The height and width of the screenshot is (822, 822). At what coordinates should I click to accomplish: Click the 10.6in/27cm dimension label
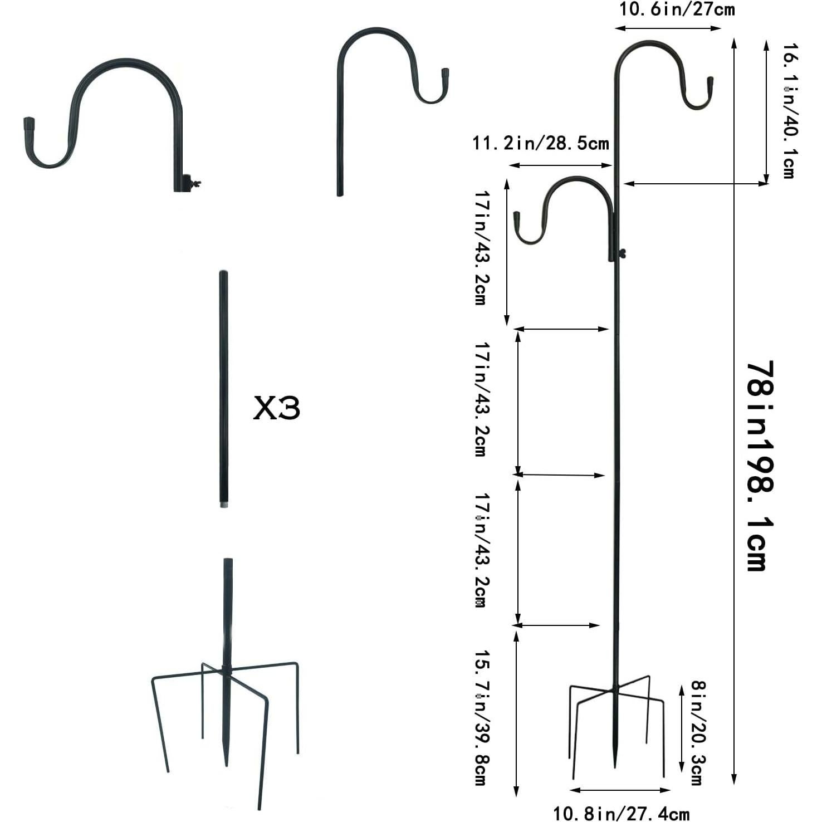click(677, 9)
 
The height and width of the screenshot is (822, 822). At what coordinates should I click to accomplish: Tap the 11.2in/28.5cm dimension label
click(541, 143)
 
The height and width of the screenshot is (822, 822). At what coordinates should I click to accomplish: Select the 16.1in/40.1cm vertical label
click(791, 111)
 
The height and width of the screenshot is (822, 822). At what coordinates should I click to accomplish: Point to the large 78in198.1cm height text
click(760, 466)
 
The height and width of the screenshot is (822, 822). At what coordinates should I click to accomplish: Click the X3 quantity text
click(277, 408)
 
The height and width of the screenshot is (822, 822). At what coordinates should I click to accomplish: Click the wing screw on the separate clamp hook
click(195, 182)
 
